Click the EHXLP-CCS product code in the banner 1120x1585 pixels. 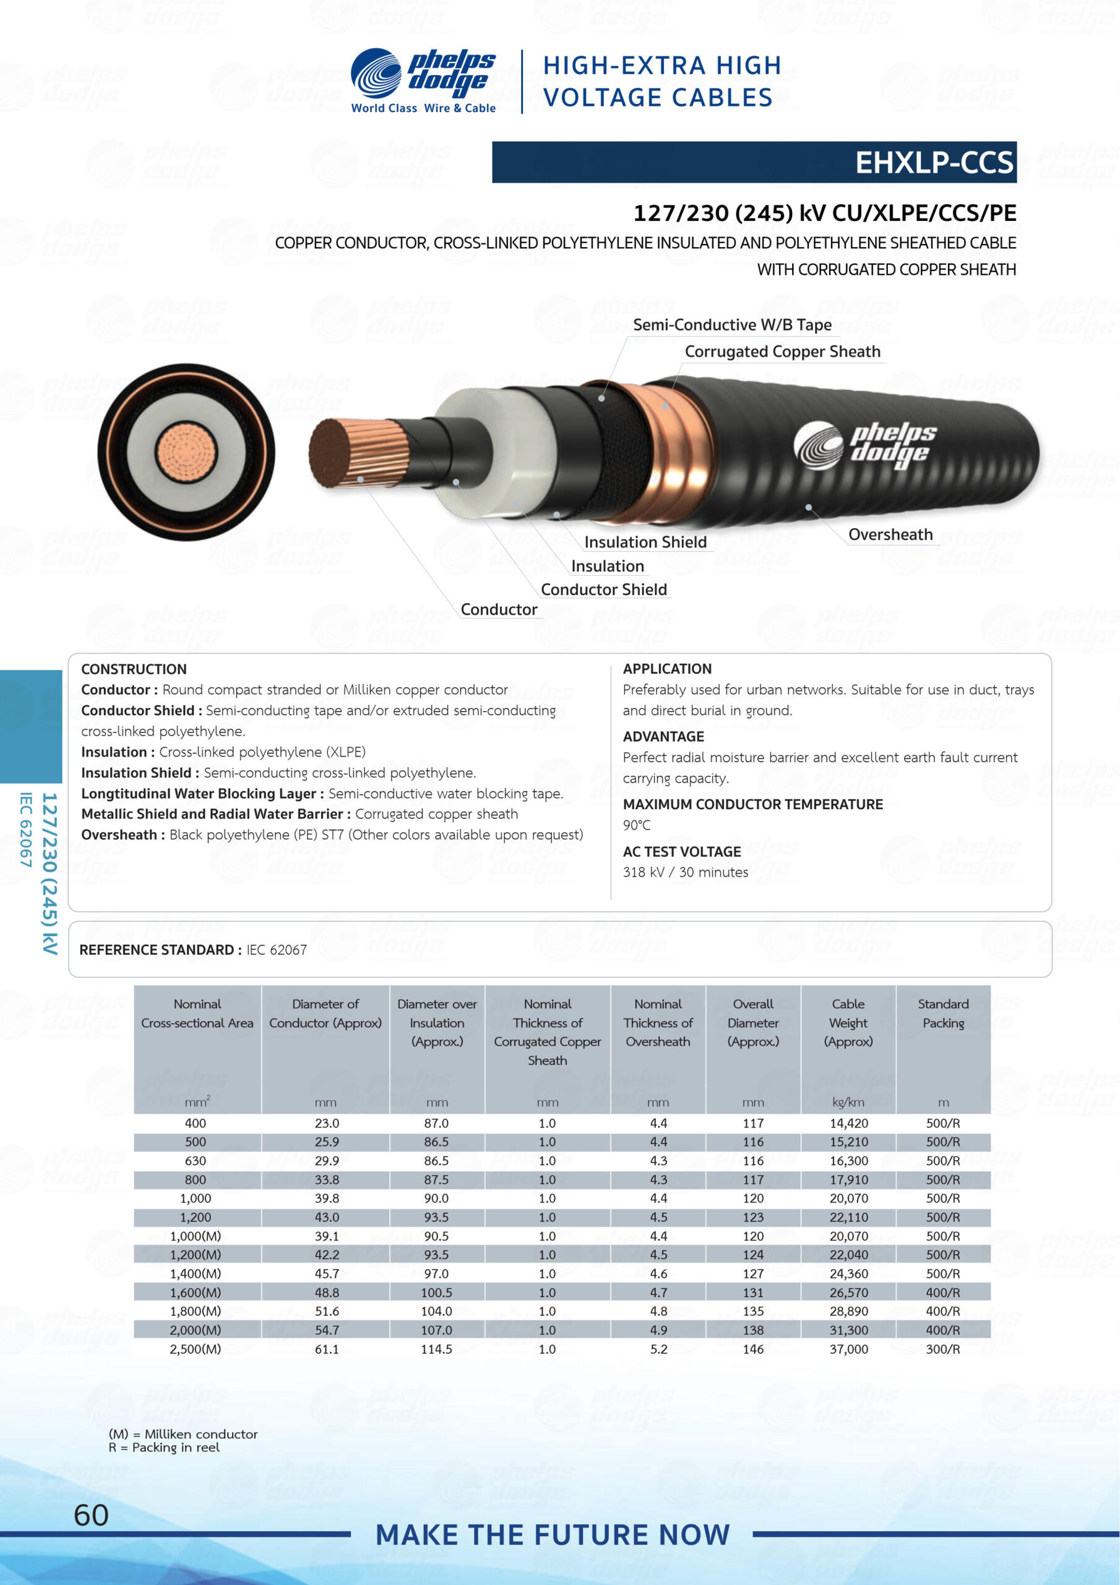(934, 163)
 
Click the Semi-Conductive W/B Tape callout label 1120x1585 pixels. (731, 324)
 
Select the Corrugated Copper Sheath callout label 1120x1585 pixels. (782, 352)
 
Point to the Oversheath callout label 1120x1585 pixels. (890, 534)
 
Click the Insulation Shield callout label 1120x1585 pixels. (645, 542)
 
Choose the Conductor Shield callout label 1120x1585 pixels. (603, 589)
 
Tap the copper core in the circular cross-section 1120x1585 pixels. (186, 453)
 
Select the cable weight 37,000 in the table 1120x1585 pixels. (848, 1348)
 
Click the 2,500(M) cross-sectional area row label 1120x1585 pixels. (196, 1348)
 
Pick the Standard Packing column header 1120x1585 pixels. (942, 1014)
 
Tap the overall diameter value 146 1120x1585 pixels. (753, 1348)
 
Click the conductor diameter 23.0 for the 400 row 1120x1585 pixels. (326, 1123)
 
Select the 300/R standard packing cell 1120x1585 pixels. (942, 1348)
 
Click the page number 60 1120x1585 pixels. (91, 1514)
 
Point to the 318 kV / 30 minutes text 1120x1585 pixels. (684, 872)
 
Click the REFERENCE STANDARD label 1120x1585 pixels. (160, 950)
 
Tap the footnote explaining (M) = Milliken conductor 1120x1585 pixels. (183, 1434)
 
